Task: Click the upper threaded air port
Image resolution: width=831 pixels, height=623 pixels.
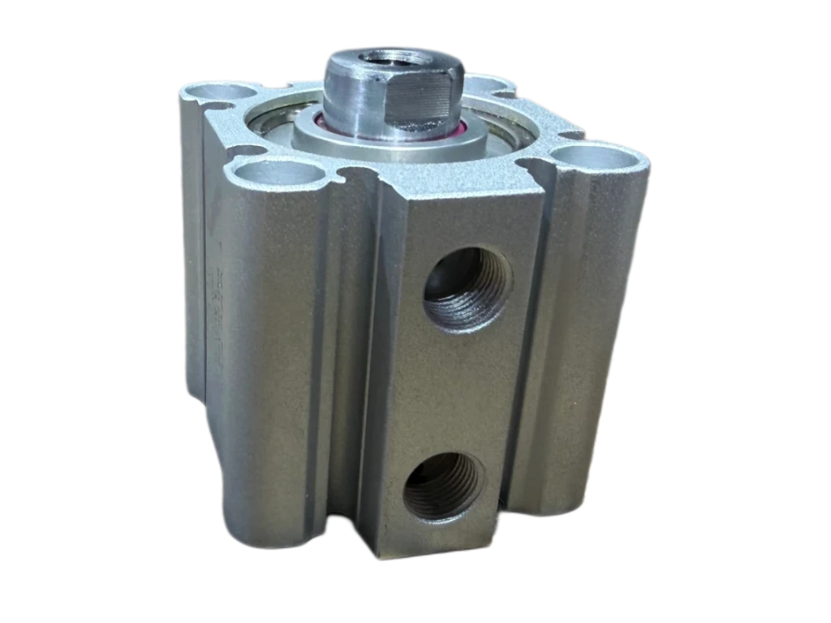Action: click(x=466, y=286)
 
